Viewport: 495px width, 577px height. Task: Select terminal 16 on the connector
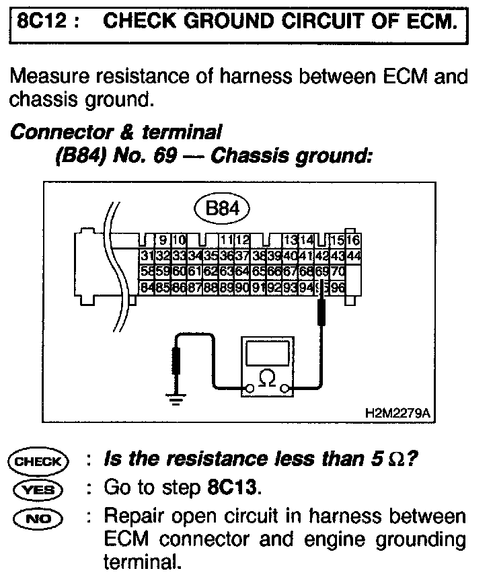click(x=354, y=240)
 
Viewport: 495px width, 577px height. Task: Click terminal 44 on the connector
click(x=354, y=256)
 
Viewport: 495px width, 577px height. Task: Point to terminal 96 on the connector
click(x=338, y=287)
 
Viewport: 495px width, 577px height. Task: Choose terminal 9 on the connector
click(x=163, y=240)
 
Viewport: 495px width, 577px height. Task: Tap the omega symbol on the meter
click(x=268, y=381)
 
